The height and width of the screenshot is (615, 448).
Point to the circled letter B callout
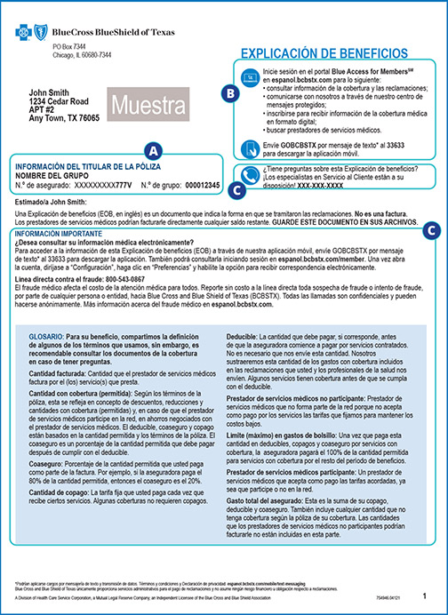click(x=230, y=92)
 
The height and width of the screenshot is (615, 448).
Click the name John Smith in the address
click(x=49, y=92)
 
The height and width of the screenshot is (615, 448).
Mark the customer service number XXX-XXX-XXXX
click(x=330, y=188)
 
